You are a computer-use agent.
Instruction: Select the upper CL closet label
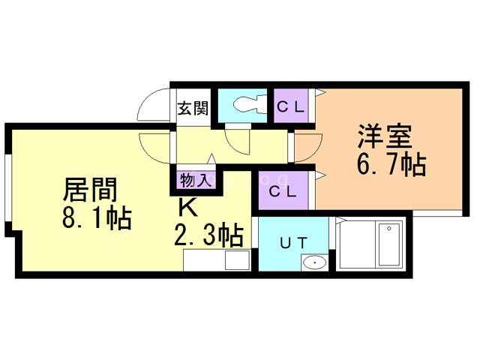[x=291, y=106]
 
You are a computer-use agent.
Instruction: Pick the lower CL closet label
[x=283, y=190]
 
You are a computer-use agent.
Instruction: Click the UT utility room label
[x=292, y=242]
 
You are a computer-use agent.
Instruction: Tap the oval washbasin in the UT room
[x=314, y=262]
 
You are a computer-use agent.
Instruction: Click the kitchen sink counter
[x=216, y=260]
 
